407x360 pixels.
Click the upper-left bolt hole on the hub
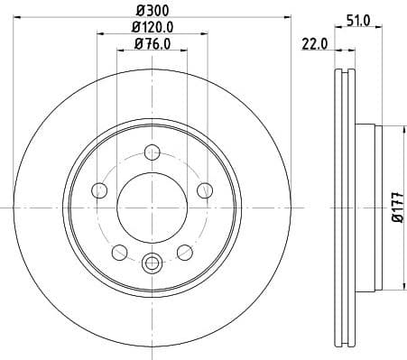[x=99, y=189]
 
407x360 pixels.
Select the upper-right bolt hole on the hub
[x=205, y=189]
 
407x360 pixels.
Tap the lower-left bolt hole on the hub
[x=119, y=252]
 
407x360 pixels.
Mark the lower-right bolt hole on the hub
[x=185, y=252]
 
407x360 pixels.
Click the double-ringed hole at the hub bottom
[x=152, y=263]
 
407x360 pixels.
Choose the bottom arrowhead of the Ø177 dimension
[x=385, y=289]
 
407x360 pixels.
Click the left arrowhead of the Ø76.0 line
[x=119, y=51]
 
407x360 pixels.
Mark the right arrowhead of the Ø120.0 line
[x=205, y=34]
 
